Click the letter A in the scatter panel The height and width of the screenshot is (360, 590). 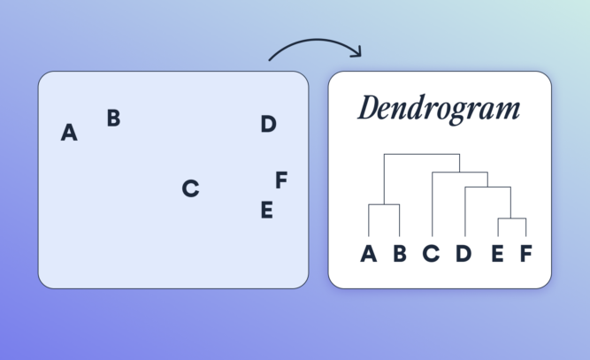click(x=69, y=134)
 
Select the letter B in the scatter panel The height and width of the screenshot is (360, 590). click(x=113, y=118)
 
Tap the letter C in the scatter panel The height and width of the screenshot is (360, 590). click(x=190, y=188)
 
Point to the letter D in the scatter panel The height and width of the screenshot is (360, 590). click(x=268, y=125)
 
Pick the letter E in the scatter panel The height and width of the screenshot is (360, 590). click(x=266, y=211)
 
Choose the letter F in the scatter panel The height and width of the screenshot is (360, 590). click(x=281, y=180)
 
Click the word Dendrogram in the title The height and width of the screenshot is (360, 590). click(x=439, y=110)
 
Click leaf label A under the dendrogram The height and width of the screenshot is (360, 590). click(x=368, y=255)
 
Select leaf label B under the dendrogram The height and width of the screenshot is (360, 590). click(x=399, y=255)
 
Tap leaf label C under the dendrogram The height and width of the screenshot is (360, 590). click(x=431, y=255)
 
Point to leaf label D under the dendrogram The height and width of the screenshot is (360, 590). click(x=464, y=255)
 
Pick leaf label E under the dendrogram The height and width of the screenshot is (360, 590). click(x=497, y=255)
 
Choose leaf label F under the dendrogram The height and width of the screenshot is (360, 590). click(x=525, y=255)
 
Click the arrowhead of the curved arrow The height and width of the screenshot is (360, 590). click(x=356, y=53)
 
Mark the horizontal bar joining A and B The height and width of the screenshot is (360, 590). click(x=384, y=204)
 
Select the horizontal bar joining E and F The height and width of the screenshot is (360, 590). click(x=512, y=218)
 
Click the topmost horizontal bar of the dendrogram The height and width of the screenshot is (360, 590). click(x=421, y=155)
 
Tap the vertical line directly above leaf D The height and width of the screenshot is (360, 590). click(x=465, y=212)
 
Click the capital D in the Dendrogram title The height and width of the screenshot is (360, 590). click(x=370, y=110)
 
